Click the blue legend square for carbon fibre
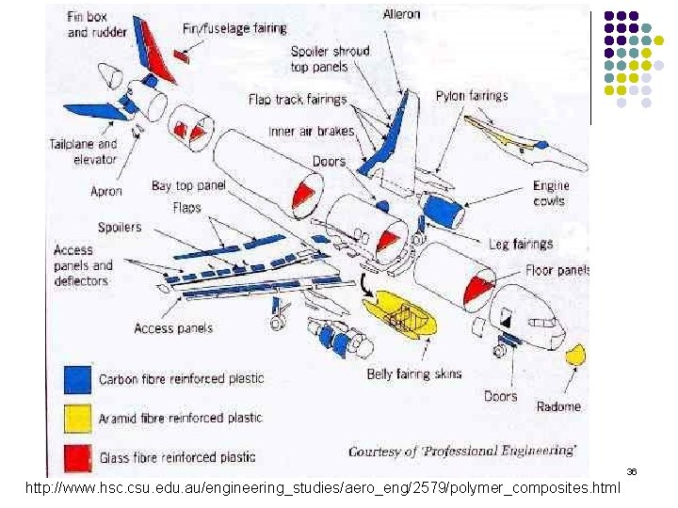(x=77, y=378)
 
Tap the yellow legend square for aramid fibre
(x=77, y=418)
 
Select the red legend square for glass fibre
(x=77, y=456)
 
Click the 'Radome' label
(x=558, y=406)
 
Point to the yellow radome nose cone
(x=575, y=356)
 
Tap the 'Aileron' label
(x=402, y=14)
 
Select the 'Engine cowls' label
(x=550, y=193)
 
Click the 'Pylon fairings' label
(x=472, y=96)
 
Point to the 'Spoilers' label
(x=120, y=227)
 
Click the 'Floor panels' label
(x=557, y=270)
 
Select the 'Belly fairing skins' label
(x=414, y=374)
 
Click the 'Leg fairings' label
(x=521, y=245)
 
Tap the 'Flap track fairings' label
(x=298, y=99)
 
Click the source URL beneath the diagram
(x=323, y=488)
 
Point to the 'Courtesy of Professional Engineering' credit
(x=462, y=452)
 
